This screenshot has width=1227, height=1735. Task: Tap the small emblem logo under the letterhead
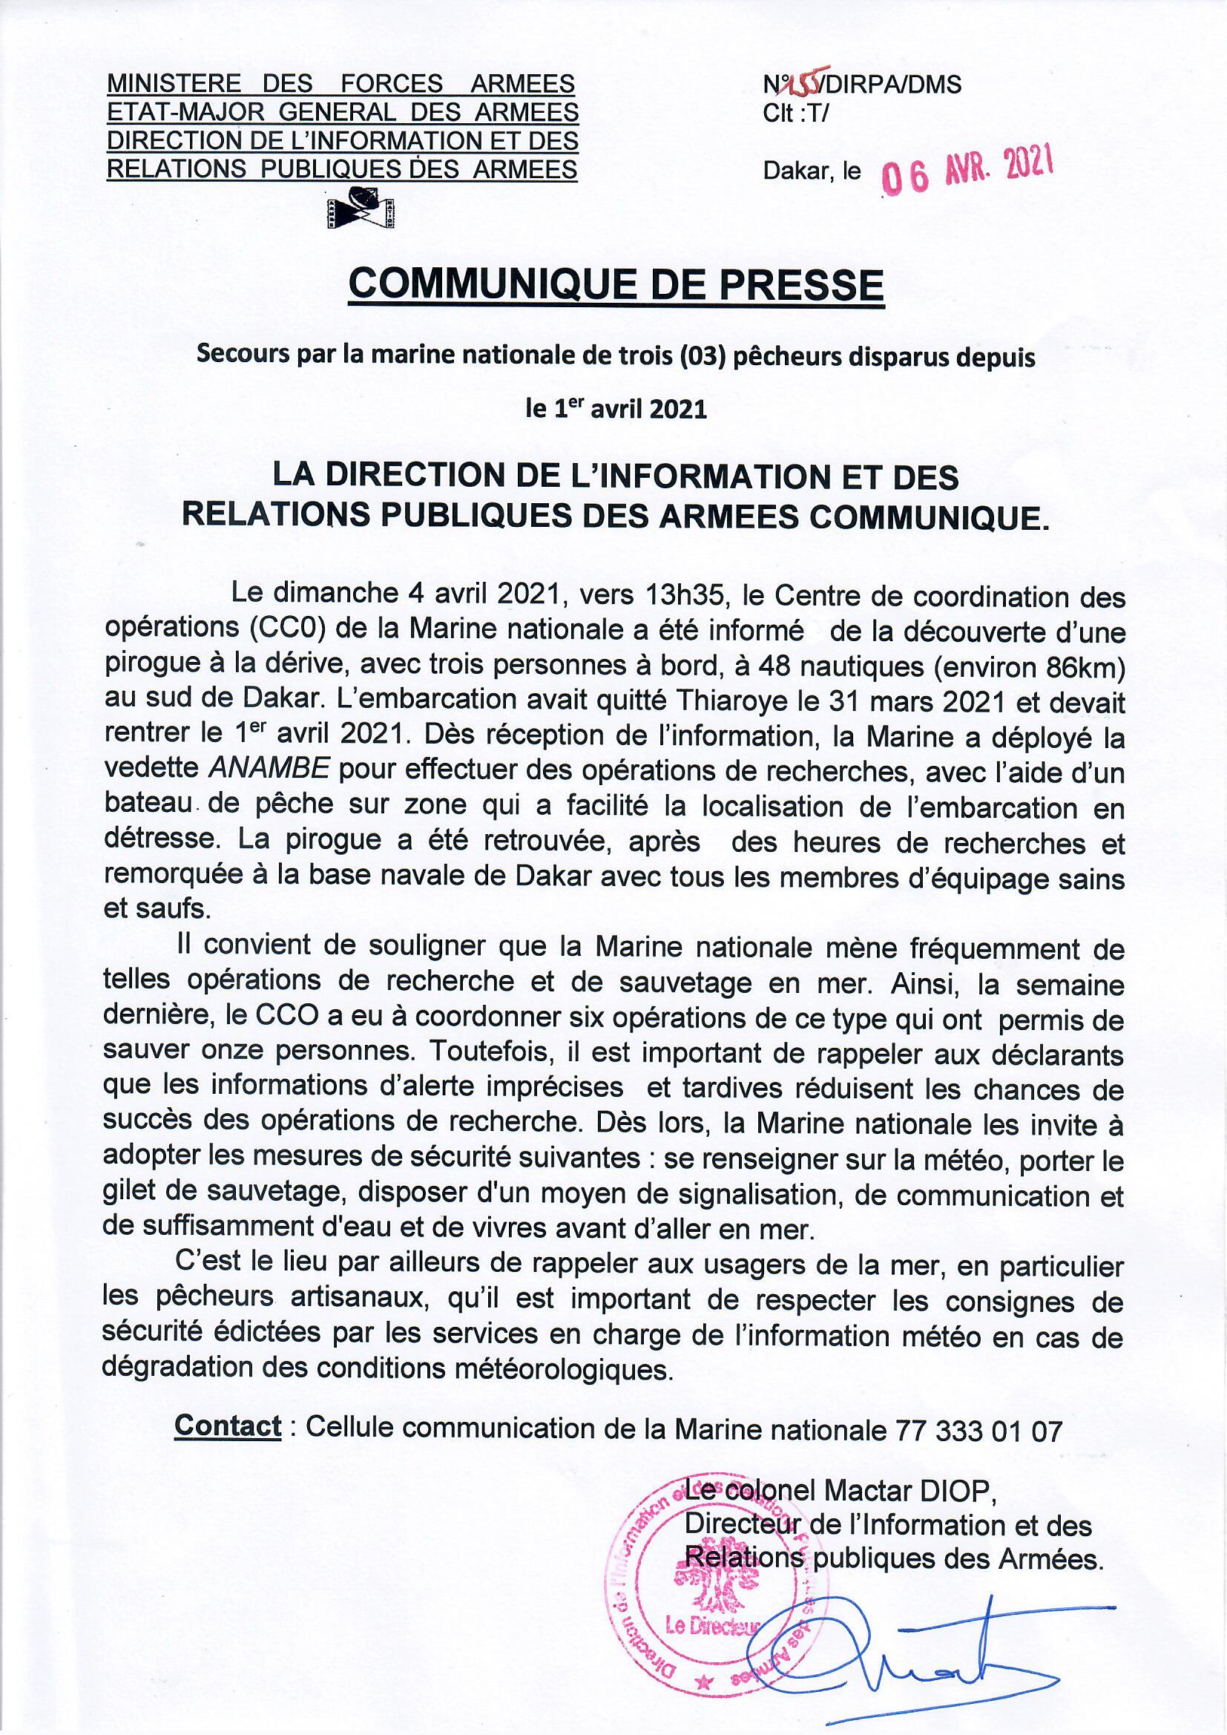point(363,209)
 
